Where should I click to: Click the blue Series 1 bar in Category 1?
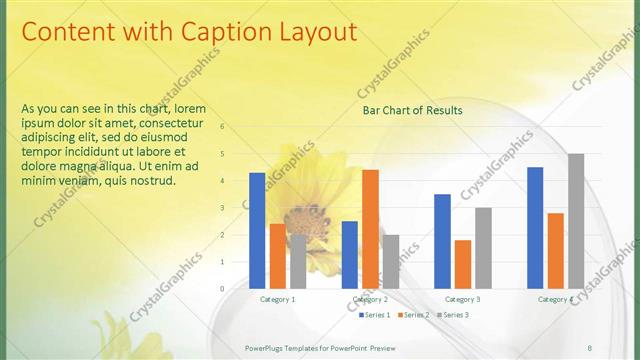(x=257, y=230)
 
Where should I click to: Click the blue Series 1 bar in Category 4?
(x=535, y=227)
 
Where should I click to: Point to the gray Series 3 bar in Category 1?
(x=298, y=261)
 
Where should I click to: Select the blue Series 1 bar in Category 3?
(x=442, y=241)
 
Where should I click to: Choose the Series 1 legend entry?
(x=374, y=315)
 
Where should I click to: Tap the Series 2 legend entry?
(x=414, y=315)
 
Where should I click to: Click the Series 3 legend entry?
(x=454, y=315)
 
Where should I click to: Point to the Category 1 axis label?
(x=277, y=299)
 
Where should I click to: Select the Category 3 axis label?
(x=462, y=299)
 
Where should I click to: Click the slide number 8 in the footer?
(x=589, y=347)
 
